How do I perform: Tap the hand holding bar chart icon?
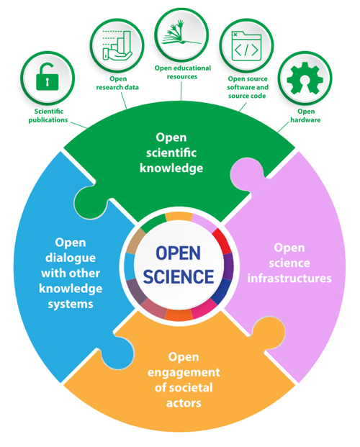(116, 45)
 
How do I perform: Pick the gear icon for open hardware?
(302, 78)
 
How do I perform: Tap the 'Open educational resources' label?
(181, 72)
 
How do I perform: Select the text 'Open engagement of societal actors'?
(184, 379)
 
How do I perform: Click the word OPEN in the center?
(181, 253)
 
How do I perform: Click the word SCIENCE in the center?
(181, 277)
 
